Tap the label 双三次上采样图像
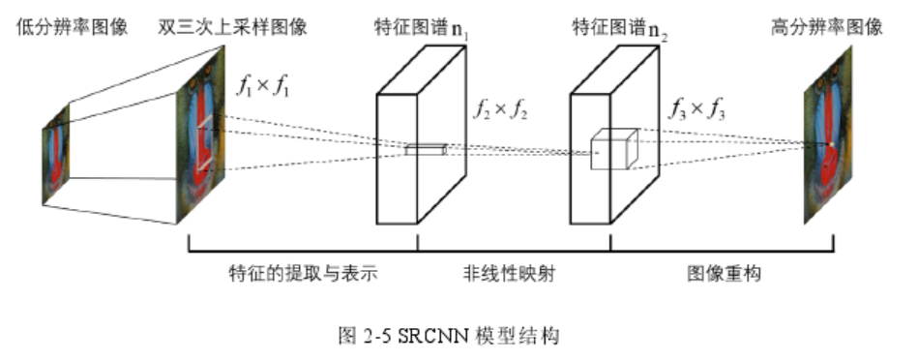pyautogui.click(x=232, y=27)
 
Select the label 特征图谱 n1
pyautogui.click(x=418, y=27)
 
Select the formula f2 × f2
pyautogui.click(x=500, y=108)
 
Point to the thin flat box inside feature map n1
pyautogui.click(x=426, y=149)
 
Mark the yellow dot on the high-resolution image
pyautogui.click(x=829, y=145)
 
